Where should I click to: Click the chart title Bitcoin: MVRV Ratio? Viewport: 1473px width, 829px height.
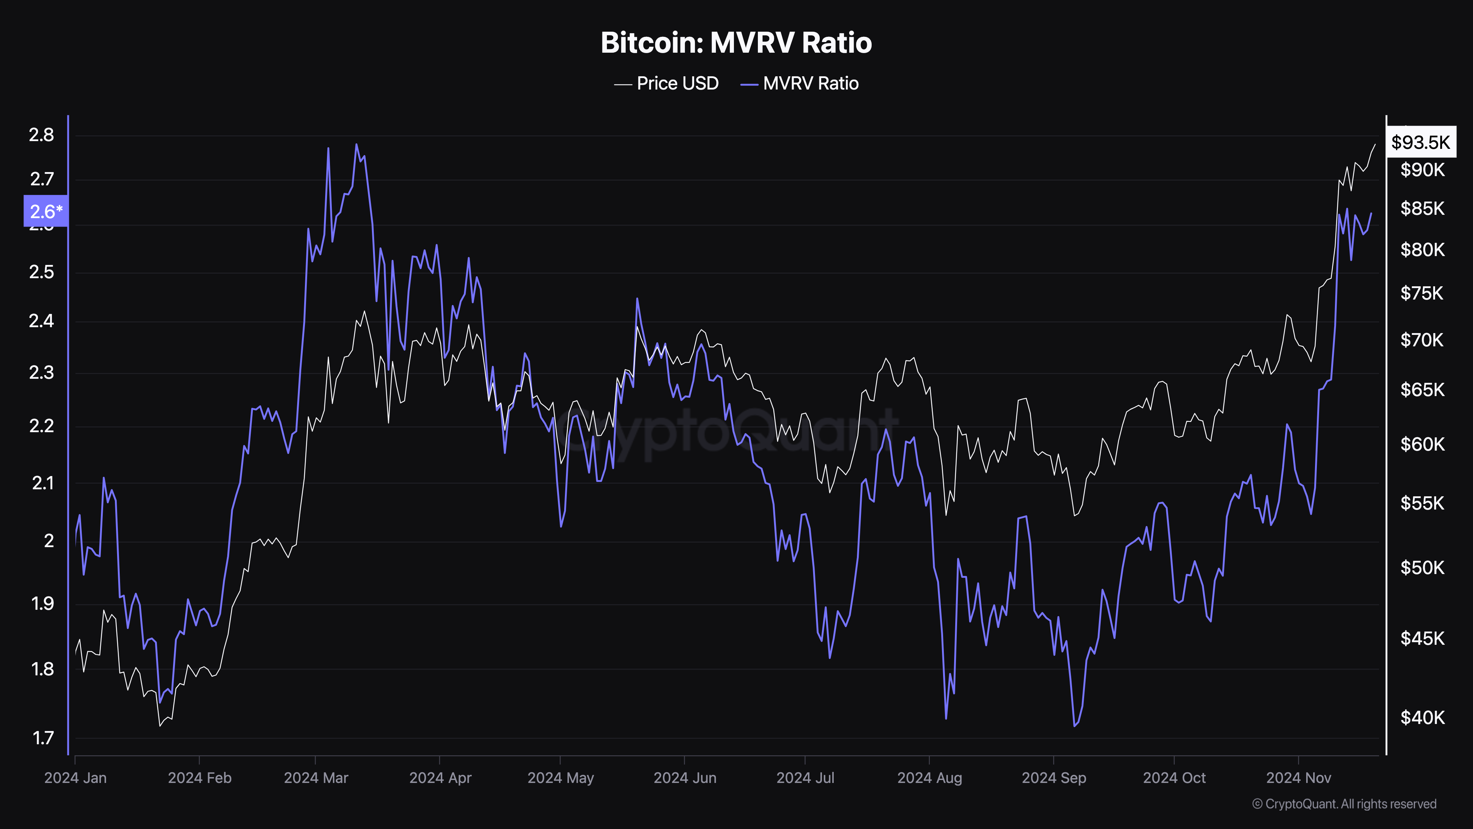click(x=736, y=43)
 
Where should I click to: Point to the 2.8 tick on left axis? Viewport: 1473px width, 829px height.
click(x=41, y=135)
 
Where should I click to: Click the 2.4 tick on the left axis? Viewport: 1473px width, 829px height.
click(x=41, y=321)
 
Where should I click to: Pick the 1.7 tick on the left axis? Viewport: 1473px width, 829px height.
click(x=42, y=738)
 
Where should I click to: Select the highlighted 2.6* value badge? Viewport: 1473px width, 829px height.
click(x=46, y=211)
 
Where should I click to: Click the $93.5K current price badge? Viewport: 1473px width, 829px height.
click(x=1421, y=142)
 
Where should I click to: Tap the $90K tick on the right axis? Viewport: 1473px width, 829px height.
click(x=1422, y=170)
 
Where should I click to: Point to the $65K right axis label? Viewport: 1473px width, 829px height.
click(x=1422, y=389)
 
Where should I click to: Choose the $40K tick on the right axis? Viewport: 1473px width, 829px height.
click(x=1422, y=717)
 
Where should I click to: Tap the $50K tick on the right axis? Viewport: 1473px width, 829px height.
click(x=1422, y=567)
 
